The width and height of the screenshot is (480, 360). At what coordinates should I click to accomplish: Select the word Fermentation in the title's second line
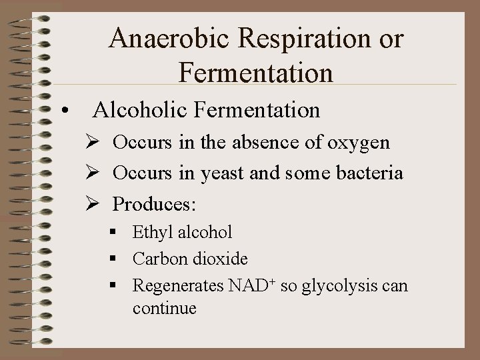pos(256,72)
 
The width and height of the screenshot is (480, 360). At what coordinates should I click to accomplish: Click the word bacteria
pos(370,173)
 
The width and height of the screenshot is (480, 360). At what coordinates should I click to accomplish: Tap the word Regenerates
pos(177,287)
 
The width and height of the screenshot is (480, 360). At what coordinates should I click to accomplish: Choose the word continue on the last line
pos(164,309)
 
